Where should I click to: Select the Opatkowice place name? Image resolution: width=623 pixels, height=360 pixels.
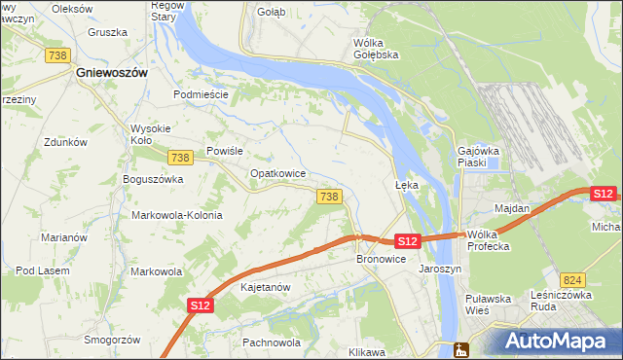[x=278, y=173]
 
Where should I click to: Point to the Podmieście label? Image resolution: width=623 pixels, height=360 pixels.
[x=201, y=94]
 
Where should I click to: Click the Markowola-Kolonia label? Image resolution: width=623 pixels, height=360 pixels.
[x=176, y=215]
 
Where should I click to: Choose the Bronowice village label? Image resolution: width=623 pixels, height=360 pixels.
[x=380, y=259]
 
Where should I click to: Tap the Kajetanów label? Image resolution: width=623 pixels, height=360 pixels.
[x=266, y=288]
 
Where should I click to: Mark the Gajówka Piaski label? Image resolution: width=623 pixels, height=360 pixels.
[x=478, y=157]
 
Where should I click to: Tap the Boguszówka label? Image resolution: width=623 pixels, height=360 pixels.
[x=153, y=179]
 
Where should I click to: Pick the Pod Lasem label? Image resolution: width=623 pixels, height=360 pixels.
[x=40, y=270]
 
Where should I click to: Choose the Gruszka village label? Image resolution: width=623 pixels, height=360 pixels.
[x=107, y=32]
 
